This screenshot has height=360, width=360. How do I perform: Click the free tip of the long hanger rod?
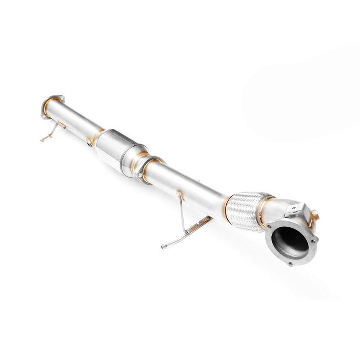(162, 246)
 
